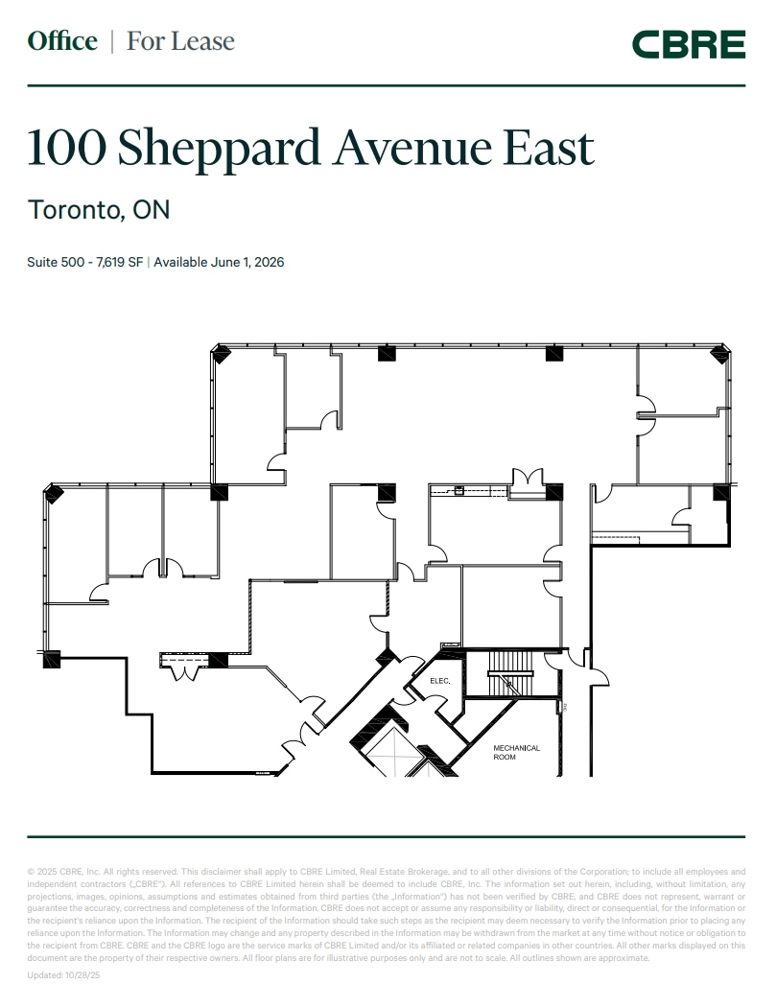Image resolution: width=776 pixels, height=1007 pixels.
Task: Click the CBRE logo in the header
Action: coord(688,44)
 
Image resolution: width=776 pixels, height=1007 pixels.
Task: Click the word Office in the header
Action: coord(62,41)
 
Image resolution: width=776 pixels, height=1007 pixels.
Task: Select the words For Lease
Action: coord(180,41)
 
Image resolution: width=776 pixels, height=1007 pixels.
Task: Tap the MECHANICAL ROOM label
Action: coord(516,752)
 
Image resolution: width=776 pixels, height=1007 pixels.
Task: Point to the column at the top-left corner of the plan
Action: coord(222,354)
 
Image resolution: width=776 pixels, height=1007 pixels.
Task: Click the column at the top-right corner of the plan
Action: coord(718,355)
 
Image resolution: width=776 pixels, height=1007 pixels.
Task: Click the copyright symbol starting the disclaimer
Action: coord(31,871)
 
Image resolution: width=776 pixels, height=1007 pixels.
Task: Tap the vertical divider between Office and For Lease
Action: coord(112,41)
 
